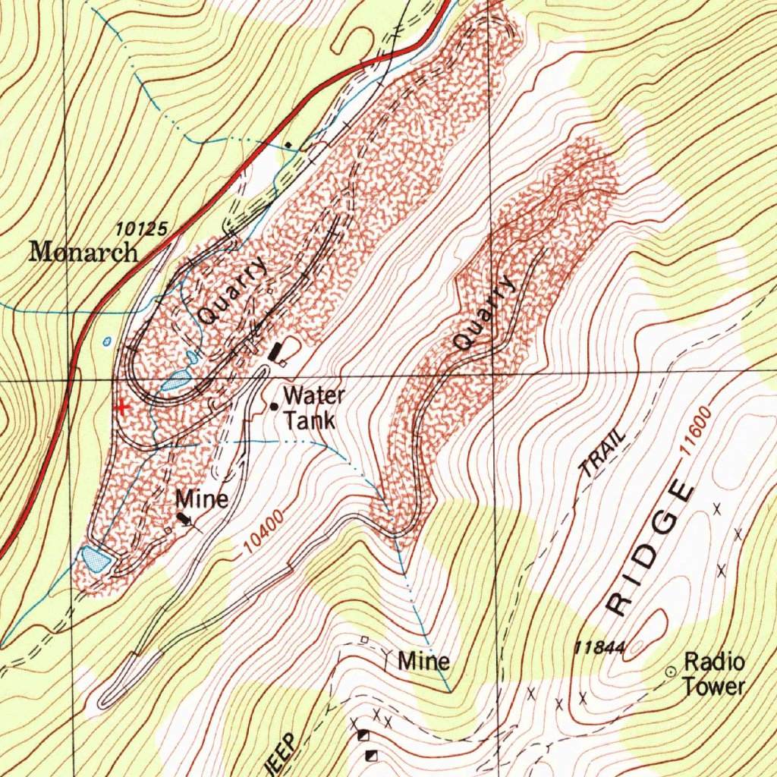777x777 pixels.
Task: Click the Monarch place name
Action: pos(83,252)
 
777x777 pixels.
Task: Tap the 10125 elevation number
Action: pos(142,228)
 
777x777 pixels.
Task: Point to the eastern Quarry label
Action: pos(484,313)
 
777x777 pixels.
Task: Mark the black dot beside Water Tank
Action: pos(273,407)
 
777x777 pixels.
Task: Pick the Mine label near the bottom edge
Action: pos(424,661)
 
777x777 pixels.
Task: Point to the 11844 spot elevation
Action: pos(599,647)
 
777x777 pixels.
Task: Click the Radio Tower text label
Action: pos(714,674)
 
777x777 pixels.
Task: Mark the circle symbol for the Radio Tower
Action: pos(671,672)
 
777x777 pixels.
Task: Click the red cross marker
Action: pos(121,407)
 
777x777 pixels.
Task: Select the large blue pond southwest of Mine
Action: pos(95,559)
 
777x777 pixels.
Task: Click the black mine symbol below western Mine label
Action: pos(184,519)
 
